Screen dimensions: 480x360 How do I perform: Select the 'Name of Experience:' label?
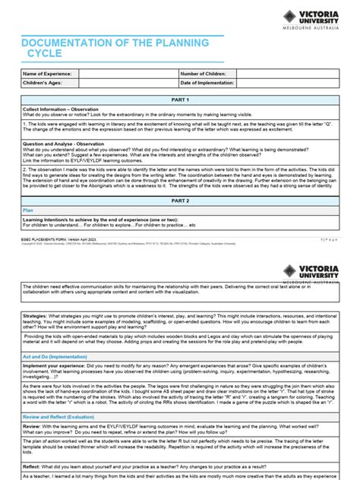coord(48,74)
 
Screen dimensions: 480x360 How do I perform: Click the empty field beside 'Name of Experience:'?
coord(127,74)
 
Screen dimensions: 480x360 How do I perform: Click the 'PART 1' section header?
coord(180,99)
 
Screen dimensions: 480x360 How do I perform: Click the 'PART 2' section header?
coord(180,200)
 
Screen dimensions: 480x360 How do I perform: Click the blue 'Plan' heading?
coord(28,209)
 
